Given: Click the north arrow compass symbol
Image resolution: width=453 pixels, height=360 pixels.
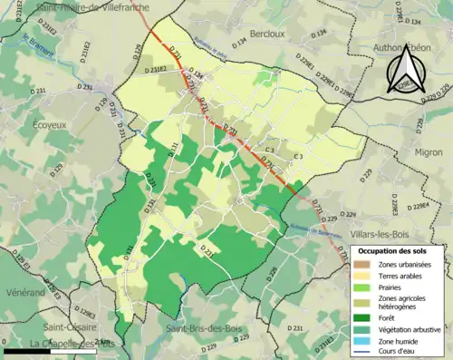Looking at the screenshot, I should pyautogui.click(x=405, y=71).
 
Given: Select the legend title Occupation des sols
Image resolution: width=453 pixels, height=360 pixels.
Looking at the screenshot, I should pyautogui.click(x=397, y=250).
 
